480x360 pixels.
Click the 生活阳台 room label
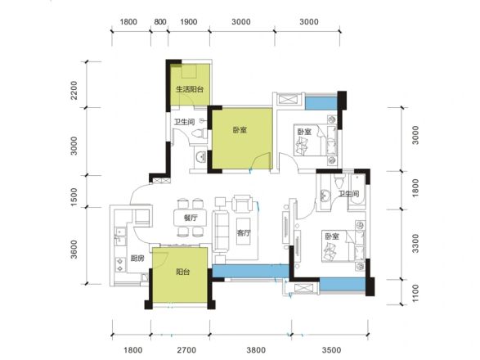click(x=190, y=89)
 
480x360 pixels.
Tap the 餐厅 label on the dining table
click(x=191, y=218)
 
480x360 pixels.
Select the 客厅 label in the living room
click(x=244, y=233)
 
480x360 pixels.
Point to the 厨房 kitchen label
click(x=137, y=259)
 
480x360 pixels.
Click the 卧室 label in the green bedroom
click(x=240, y=130)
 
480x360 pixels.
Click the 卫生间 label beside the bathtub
click(x=348, y=194)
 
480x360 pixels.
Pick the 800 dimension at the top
click(x=160, y=22)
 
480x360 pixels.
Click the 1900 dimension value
click(x=189, y=22)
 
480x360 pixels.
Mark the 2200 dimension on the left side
click(x=74, y=90)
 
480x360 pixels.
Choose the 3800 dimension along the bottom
click(x=256, y=350)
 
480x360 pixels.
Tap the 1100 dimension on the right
click(x=415, y=293)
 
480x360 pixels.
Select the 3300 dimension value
click(x=415, y=244)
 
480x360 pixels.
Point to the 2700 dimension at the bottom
click(x=186, y=350)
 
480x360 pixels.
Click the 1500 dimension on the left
click(x=74, y=197)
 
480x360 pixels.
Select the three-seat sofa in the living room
click(x=221, y=231)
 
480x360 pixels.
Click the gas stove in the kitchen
click(x=120, y=265)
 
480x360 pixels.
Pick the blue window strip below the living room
click(x=251, y=271)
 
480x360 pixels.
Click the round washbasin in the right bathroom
click(x=325, y=196)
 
